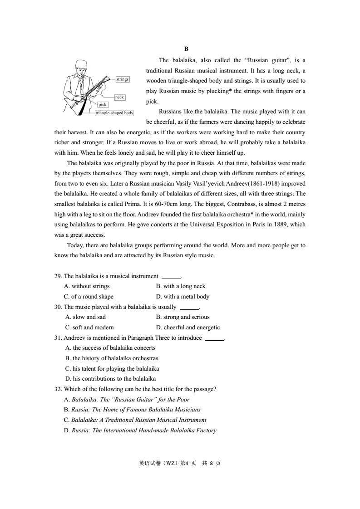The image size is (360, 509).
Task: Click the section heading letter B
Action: point(186,49)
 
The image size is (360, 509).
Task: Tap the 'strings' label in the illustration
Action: point(123,79)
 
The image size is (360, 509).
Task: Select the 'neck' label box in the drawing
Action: point(119,97)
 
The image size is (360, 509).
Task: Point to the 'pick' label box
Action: point(103,105)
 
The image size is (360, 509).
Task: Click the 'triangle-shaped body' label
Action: point(114,113)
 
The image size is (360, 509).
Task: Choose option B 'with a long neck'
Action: point(181,286)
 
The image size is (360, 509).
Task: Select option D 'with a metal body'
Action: point(182,297)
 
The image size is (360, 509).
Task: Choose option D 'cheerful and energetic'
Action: point(188,328)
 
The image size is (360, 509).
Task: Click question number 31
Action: point(58,338)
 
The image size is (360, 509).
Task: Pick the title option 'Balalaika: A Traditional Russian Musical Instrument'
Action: point(135,420)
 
